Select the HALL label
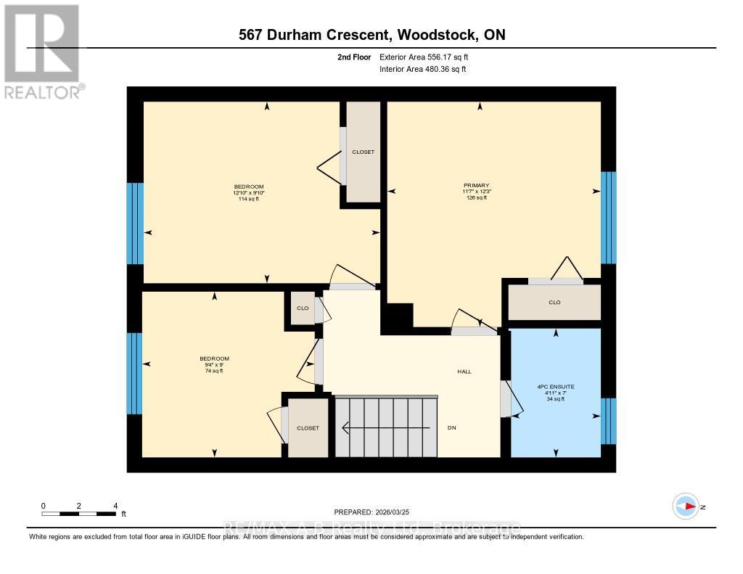coord(464,372)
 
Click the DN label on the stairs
coord(451,428)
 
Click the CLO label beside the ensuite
coord(554,303)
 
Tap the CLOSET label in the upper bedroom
coord(363,152)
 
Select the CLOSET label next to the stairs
coord(308,428)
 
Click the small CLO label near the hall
coord(303,308)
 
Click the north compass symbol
coord(686,507)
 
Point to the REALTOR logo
coord(42,51)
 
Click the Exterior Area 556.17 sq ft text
coord(428,57)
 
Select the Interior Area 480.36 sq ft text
coord(422,70)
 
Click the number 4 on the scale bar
coord(115,506)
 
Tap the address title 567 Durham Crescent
coord(371,35)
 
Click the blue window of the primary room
coord(608,218)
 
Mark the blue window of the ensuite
coord(609,421)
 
